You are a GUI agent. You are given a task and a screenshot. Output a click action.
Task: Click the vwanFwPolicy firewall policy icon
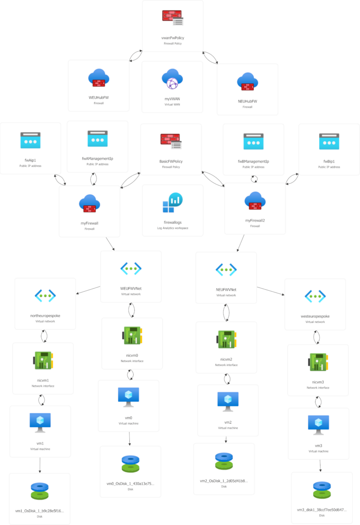[x=172, y=18]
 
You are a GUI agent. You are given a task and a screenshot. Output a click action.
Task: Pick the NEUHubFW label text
[x=247, y=101]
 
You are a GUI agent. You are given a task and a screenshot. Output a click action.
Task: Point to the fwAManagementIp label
[x=97, y=158]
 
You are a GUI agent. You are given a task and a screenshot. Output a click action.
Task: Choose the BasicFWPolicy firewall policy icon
[x=171, y=141]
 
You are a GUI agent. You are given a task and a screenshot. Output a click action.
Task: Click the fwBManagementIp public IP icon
[x=254, y=141]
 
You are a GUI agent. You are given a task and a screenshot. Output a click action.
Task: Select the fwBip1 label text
[x=329, y=161]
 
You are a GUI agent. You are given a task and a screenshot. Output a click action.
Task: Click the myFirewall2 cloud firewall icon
[x=255, y=201]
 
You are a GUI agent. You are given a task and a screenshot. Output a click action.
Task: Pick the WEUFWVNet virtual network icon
[x=131, y=268]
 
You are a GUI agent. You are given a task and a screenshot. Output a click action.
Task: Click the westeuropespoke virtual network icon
[x=315, y=296]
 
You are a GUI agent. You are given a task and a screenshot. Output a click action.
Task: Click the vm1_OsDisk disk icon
[x=40, y=491]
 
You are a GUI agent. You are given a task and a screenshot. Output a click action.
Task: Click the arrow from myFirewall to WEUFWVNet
[x=111, y=244]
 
